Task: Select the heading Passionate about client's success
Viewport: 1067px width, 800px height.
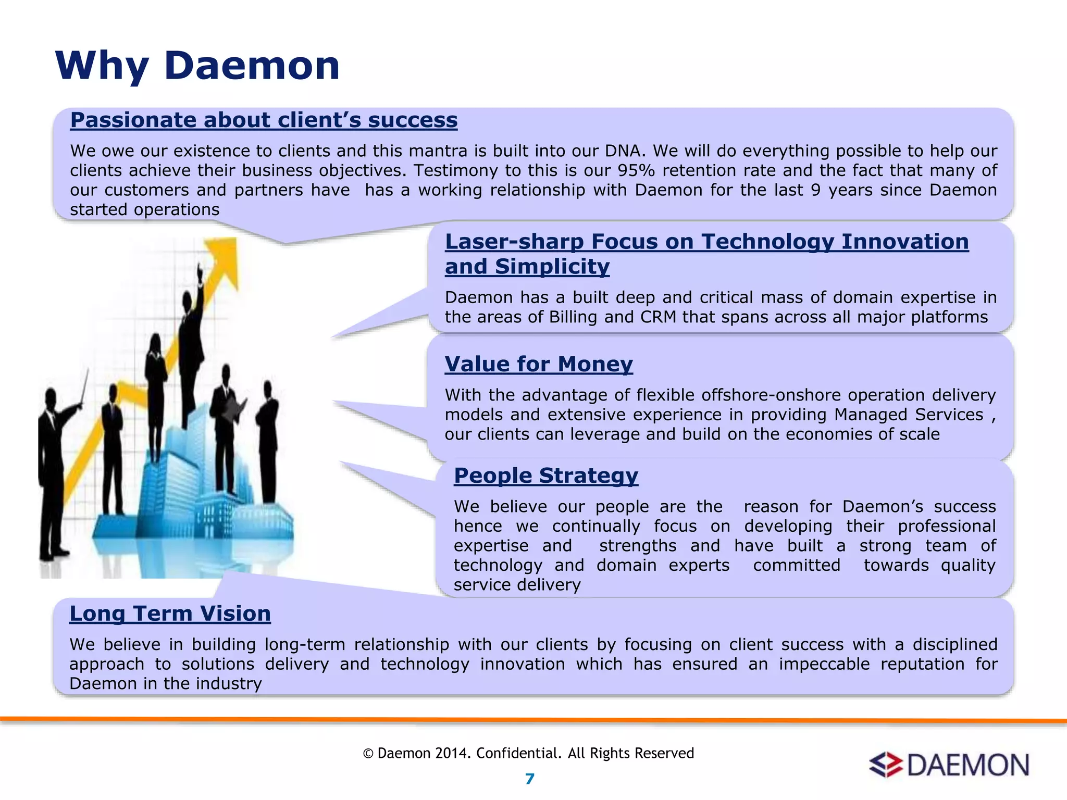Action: (x=264, y=120)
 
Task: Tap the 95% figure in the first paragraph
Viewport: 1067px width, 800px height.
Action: (x=636, y=170)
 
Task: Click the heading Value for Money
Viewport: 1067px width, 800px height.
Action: (x=538, y=364)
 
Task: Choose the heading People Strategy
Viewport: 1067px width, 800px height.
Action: (x=545, y=476)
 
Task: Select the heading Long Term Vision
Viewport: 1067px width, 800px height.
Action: (x=170, y=614)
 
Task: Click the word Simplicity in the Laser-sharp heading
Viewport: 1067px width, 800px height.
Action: (x=552, y=267)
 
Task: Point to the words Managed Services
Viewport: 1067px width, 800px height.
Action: (x=908, y=415)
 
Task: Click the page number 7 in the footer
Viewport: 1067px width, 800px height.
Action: (x=529, y=779)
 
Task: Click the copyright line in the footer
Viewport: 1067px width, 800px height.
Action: (x=528, y=753)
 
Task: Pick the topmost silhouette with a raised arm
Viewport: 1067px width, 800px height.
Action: (x=191, y=333)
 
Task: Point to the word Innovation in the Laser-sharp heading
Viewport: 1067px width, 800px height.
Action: (x=904, y=242)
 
